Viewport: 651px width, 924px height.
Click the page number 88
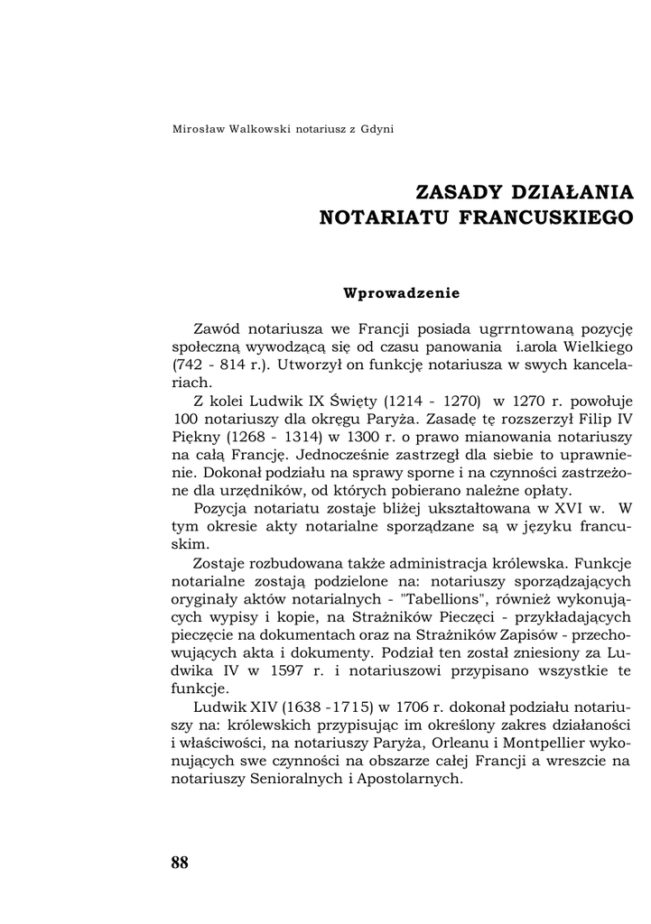click(180, 863)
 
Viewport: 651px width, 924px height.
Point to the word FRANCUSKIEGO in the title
click(557, 217)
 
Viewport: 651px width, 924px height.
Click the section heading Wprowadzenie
click(402, 292)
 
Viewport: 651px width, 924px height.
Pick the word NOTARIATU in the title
click(371, 217)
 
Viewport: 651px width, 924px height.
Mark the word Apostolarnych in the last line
click(404, 780)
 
